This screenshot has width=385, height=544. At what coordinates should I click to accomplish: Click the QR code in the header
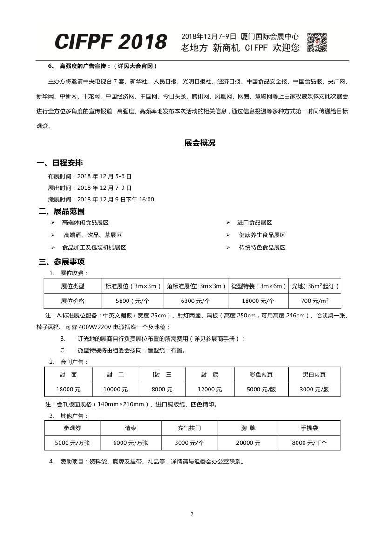pyautogui.click(x=317, y=42)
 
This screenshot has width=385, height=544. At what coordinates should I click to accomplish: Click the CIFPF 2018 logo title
pyautogui.click(x=111, y=42)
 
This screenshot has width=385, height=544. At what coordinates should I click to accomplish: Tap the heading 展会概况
pyautogui.click(x=200, y=143)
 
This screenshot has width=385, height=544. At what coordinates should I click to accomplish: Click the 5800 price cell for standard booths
pyautogui.click(x=133, y=301)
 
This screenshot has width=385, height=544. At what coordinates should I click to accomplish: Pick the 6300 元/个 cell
pyautogui.click(x=196, y=301)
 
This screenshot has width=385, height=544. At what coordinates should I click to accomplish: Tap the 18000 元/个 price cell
pyautogui.click(x=259, y=301)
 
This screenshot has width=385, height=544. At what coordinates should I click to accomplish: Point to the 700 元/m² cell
pyautogui.click(x=315, y=301)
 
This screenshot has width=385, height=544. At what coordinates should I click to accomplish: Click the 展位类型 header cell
pyautogui.click(x=73, y=286)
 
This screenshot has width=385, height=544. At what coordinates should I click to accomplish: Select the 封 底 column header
pyautogui.click(x=209, y=374)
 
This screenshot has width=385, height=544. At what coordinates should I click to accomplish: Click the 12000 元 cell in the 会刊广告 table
pyautogui.click(x=209, y=389)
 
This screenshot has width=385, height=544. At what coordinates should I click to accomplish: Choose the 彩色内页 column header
pyautogui.click(x=261, y=374)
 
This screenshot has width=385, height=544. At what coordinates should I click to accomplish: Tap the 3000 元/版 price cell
pyautogui.click(x=314, y=389)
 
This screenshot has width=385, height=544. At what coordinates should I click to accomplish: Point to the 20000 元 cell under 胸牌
pyautogui.click(x=248, y=443)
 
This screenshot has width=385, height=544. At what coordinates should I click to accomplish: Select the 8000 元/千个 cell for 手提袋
pyautogui.click(x=309, y=443)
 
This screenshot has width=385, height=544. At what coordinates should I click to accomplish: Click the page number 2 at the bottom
pyautogui.click(x=192, y=514)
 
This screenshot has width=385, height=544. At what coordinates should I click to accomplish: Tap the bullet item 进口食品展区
pyautogui.click(x=254, y=223)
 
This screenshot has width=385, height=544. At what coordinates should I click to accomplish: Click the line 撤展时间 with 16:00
pyautogui.click(x=101, y=200)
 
